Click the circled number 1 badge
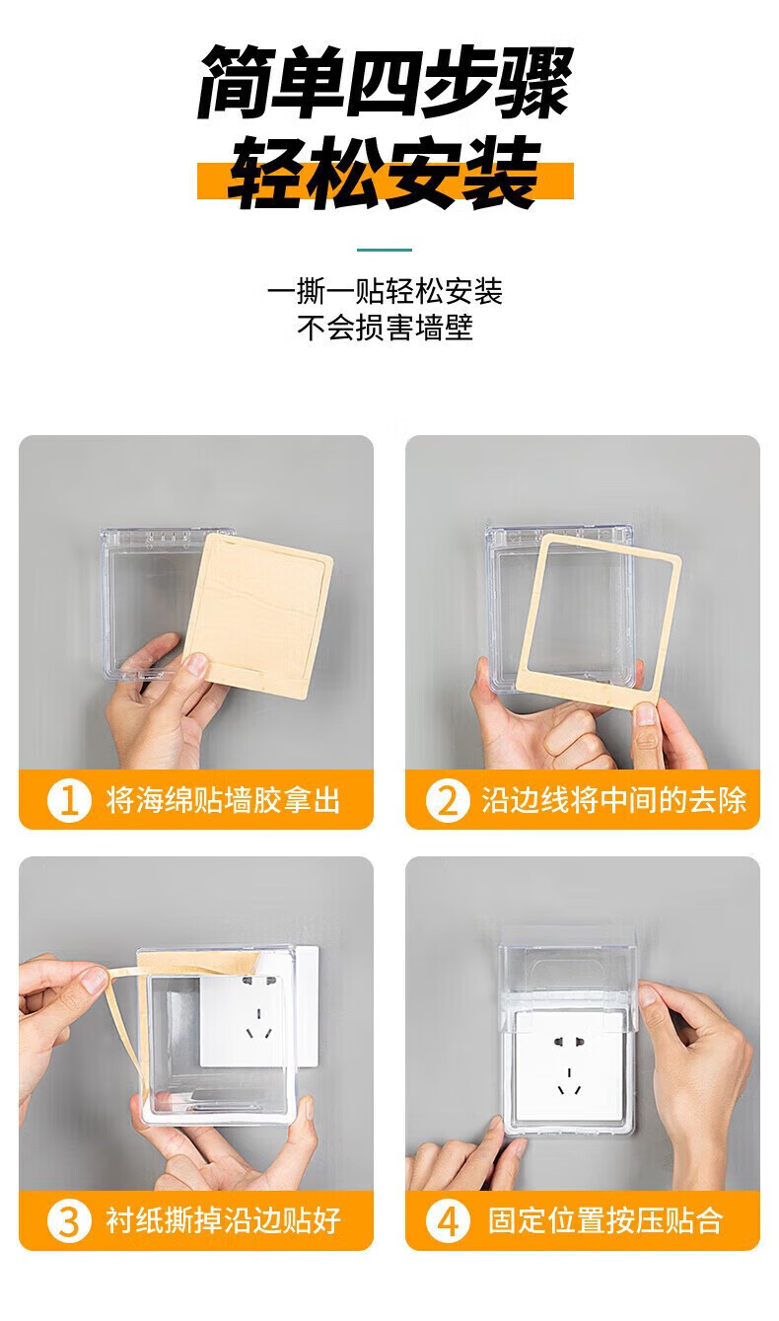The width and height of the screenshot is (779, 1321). (x=69, y=800)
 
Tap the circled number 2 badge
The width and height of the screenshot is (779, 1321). (x=448, y=800)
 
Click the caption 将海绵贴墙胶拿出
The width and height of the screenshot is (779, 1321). (x=223, y=800)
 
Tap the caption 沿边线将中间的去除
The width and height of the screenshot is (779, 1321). (x=614, y=800)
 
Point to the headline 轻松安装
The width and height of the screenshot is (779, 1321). (x=385, y=173)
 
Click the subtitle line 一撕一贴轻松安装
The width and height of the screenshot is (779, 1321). (x=385, y=291)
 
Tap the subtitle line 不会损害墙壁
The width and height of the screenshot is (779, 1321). (x=385, y=328)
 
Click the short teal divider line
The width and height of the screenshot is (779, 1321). (x=385, y=250)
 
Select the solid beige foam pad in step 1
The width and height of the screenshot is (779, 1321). (x=258, y=615)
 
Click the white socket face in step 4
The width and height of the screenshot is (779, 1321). (x=569, y=1066)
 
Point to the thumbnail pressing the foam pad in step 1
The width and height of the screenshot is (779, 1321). (x=195, y=664)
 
